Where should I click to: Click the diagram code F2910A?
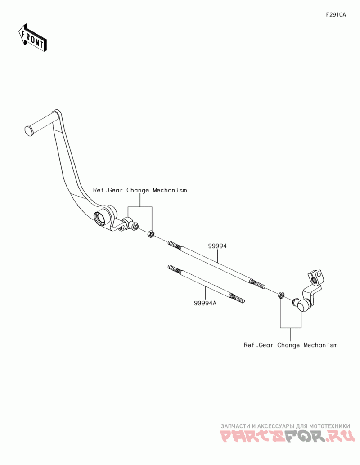336,15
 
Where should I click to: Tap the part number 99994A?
205,303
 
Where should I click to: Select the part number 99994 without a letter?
217,246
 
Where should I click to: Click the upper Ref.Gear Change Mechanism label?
139,190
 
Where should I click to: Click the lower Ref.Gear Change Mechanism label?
290,345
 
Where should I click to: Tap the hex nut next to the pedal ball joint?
151,233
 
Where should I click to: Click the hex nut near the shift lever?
281,295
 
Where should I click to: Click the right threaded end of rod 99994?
258,284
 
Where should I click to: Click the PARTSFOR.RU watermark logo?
288,436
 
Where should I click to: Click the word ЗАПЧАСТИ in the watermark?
235,425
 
